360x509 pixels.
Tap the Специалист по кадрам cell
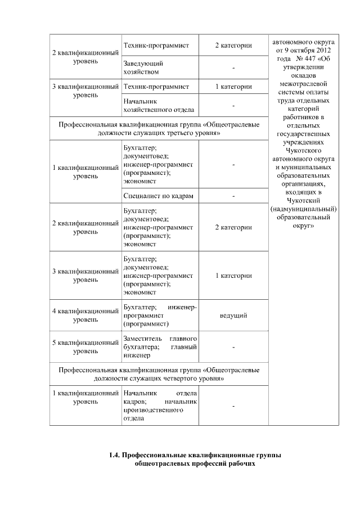click(x=158, y=196)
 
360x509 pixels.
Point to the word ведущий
click(x=233, y=316)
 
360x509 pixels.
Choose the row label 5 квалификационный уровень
click(x=85, y=346)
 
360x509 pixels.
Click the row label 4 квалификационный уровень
click(x=85, y=316)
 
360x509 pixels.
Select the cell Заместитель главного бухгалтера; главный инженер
click(x=159, y=347)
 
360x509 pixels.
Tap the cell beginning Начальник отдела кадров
click(x=159, y=406)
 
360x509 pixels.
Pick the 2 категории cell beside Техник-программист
click(x=233, y=44)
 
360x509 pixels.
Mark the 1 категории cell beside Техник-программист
click(x=233, y=87)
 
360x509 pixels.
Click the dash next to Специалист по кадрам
click(x=233, y=196)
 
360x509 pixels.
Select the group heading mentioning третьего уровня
click(x=159, y=128)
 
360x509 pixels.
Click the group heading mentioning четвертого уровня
click(x=159, y=375)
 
